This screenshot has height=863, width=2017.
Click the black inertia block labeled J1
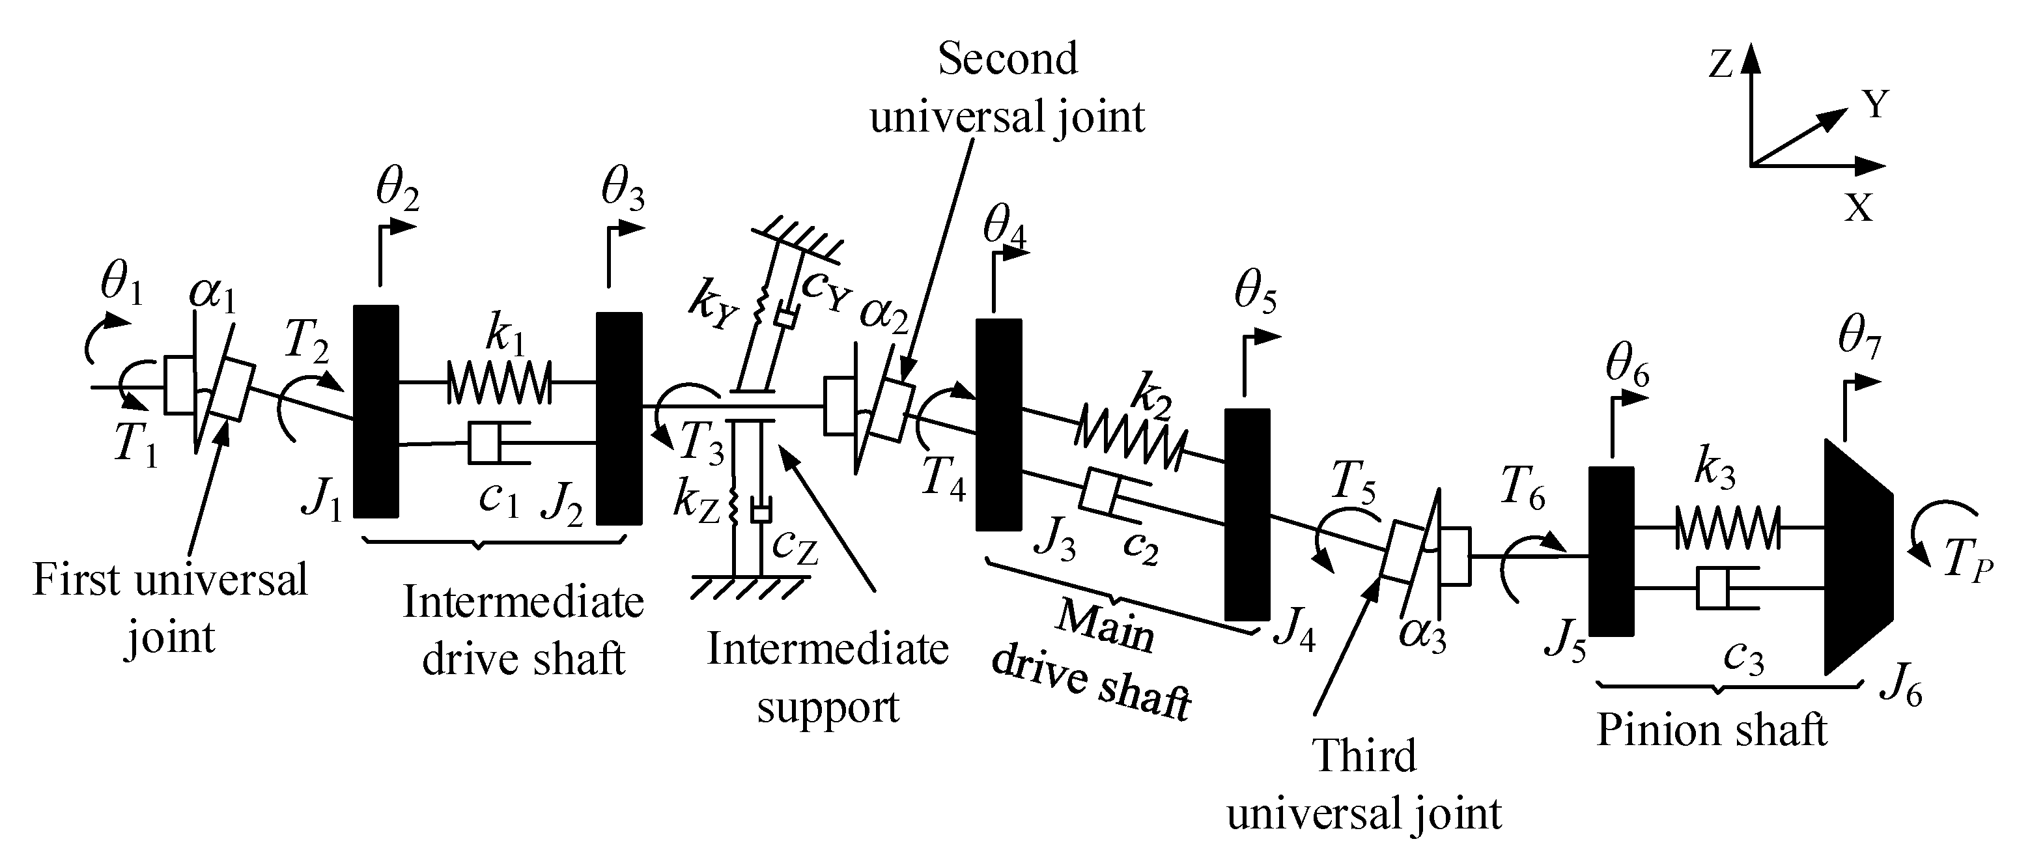click(376, 411)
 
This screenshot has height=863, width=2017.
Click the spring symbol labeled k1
click(499, 382)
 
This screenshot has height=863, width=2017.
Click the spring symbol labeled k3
click(1727, 527)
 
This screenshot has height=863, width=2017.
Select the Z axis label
click(1719, 64)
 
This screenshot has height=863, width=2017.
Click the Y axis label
click(1875, 104)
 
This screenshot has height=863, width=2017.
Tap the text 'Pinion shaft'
click(1711, 731)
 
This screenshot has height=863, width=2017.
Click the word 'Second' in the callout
click(1007, 59)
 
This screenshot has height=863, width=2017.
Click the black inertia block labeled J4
click(1247, 515)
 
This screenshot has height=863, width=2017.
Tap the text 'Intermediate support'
click(828, 678)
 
